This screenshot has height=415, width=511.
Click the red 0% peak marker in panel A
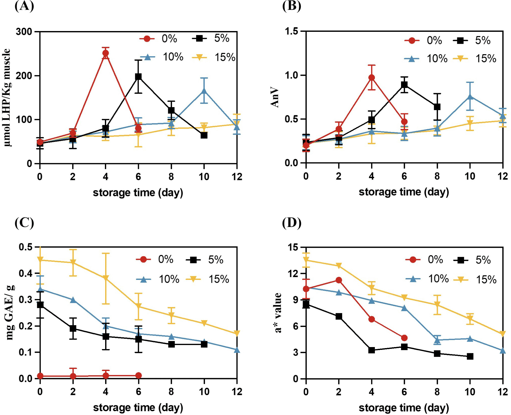[x=106, y=53]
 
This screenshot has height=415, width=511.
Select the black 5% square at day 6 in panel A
[x=138, y=77]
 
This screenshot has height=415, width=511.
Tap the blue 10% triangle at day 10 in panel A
[x=204, y=91]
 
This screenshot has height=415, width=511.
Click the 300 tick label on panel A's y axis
[x=24, y=32]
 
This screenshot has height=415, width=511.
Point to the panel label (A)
[x=24, y=6]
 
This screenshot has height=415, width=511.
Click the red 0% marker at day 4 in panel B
[x=372, y=78]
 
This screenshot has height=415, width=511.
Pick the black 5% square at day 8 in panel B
[x=437, y=107]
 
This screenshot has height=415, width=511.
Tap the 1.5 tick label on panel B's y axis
[x=292, y=31]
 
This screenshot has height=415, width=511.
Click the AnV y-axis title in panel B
[x=275, y=97]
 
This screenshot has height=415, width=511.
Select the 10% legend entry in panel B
[x=426, y=59]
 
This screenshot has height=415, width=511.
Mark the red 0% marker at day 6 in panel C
[x=138, y=376]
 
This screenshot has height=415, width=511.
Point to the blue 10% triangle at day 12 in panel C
[x=237, y=350]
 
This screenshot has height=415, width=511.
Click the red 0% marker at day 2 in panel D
[x=339, y=280]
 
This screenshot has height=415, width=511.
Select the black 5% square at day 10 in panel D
[x=470, y=356]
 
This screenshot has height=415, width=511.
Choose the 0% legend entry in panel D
[x=424, y=260]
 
